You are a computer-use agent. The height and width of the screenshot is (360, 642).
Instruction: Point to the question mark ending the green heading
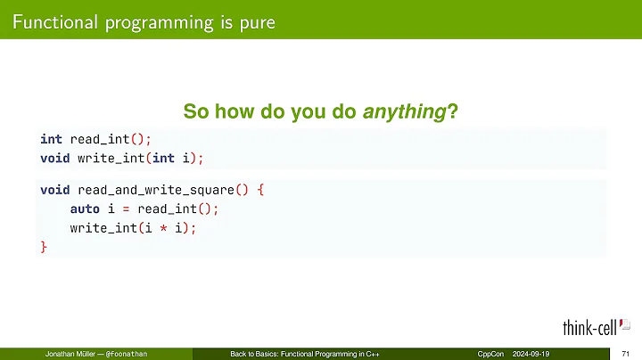(x=452, y=111)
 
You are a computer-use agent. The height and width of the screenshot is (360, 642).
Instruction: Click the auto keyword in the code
(x=85, y=209)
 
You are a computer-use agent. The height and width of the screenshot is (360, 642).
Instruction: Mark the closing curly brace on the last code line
(x=44, y=247)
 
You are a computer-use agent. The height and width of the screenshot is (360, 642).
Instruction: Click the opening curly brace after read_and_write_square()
(x=260, y=190)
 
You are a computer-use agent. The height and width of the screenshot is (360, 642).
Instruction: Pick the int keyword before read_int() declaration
(x=51, y=139)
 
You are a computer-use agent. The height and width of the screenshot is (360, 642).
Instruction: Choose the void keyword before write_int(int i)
(x=54, y=158)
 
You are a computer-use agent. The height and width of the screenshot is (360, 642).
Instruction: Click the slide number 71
(x=626, y=354)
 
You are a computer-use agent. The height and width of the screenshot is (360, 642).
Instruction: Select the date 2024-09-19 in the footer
(x=535, y=354)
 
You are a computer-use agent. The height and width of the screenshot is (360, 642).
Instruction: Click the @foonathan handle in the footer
(x=126, y=354)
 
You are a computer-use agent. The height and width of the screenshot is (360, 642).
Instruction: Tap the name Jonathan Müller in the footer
(x=70, y=354)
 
